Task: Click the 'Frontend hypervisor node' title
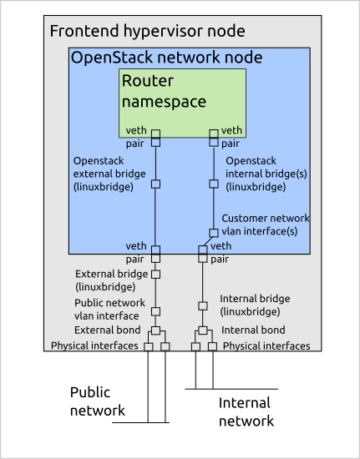[147, 32]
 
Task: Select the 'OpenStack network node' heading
[166, 58]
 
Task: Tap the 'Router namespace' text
[164, 91]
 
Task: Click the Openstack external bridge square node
[155, 184]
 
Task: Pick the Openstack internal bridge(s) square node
[214, 184]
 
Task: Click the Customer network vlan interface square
[214, 233]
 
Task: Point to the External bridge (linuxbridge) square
[155, 275]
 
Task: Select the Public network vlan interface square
[155, 311]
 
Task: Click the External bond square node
[155, 330]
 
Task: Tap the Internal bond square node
[203, 330]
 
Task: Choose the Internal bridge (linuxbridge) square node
[203, 306]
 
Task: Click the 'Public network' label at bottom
[97, 401]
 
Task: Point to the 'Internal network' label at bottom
[246, 412]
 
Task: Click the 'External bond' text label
[107, 330]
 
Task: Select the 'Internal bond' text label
[253, 330]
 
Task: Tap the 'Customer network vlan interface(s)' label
[266, 224]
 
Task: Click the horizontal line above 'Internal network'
[231, 389]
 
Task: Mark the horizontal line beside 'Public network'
[140, 422]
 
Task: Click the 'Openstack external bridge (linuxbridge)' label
[109, 174]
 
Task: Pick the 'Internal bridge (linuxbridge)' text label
[255, 305]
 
